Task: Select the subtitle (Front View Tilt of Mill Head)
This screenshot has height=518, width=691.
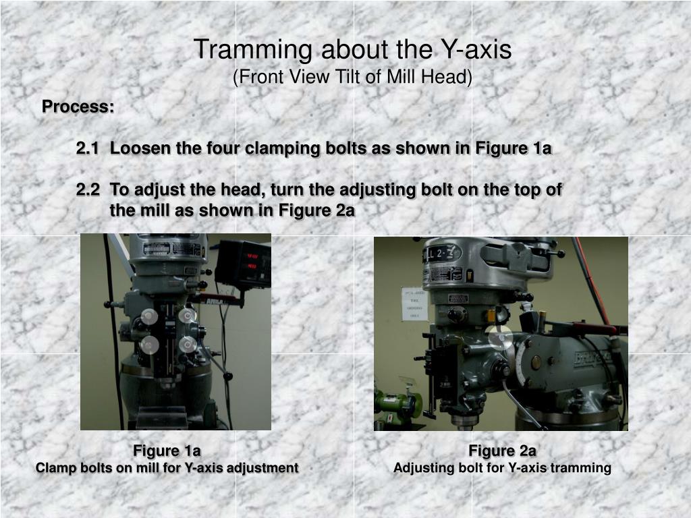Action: (x=352, y=78)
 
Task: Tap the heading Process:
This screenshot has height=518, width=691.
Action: (x=78, y=107)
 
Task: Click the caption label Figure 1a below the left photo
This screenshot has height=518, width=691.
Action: (x=167, y=451)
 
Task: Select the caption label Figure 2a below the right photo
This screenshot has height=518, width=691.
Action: (x=502, y=451)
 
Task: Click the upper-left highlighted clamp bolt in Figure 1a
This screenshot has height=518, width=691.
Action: (x=149, y=316)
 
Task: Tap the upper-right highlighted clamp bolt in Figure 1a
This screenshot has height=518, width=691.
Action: (x=187, y=316)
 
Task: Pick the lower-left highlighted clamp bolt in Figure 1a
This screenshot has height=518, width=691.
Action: (x=150, y=345)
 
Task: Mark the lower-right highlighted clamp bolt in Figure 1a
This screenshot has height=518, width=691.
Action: (x=188, y=345)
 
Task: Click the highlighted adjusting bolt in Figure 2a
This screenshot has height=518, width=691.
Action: (x=499, y=337)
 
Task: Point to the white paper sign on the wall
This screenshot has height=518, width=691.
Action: (x=414, y=304)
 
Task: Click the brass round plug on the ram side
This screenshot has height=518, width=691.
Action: (x=536, y=362)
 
